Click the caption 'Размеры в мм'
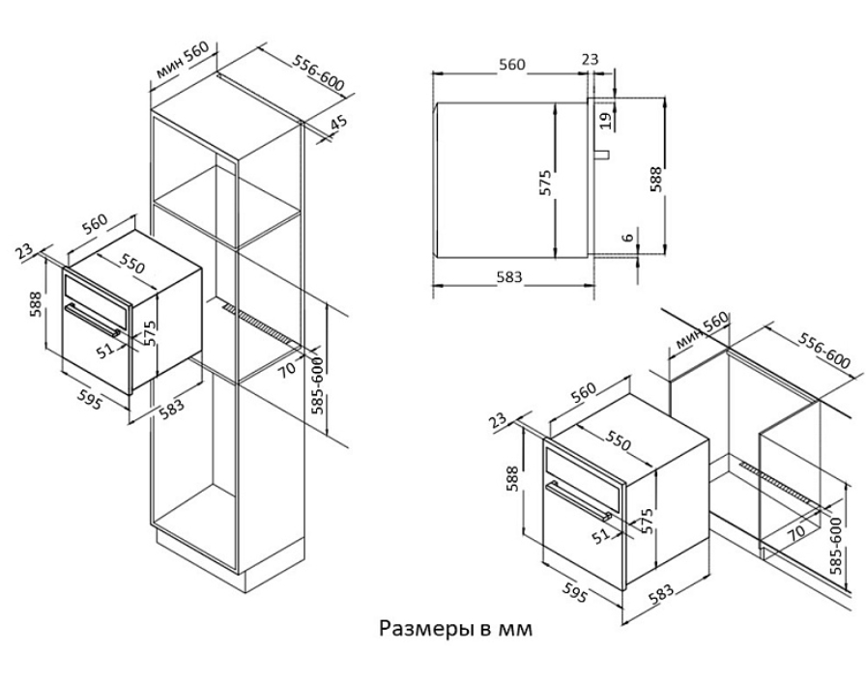tap(455, 629)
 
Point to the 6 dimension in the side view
tap(627, 238)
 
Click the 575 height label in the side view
tap(545, 183)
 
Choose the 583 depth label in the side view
tap(508, 276)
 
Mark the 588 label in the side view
tap(655, 179)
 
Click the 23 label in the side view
tap(590, 59)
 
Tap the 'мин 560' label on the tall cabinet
tap(183, 61)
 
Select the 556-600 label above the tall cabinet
tap(318, 73)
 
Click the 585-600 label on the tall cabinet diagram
tap(317, 385)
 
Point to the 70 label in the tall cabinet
tap(287, 368)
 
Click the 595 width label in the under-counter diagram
tap(573, 592)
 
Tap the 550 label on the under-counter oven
tap(618, 439)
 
